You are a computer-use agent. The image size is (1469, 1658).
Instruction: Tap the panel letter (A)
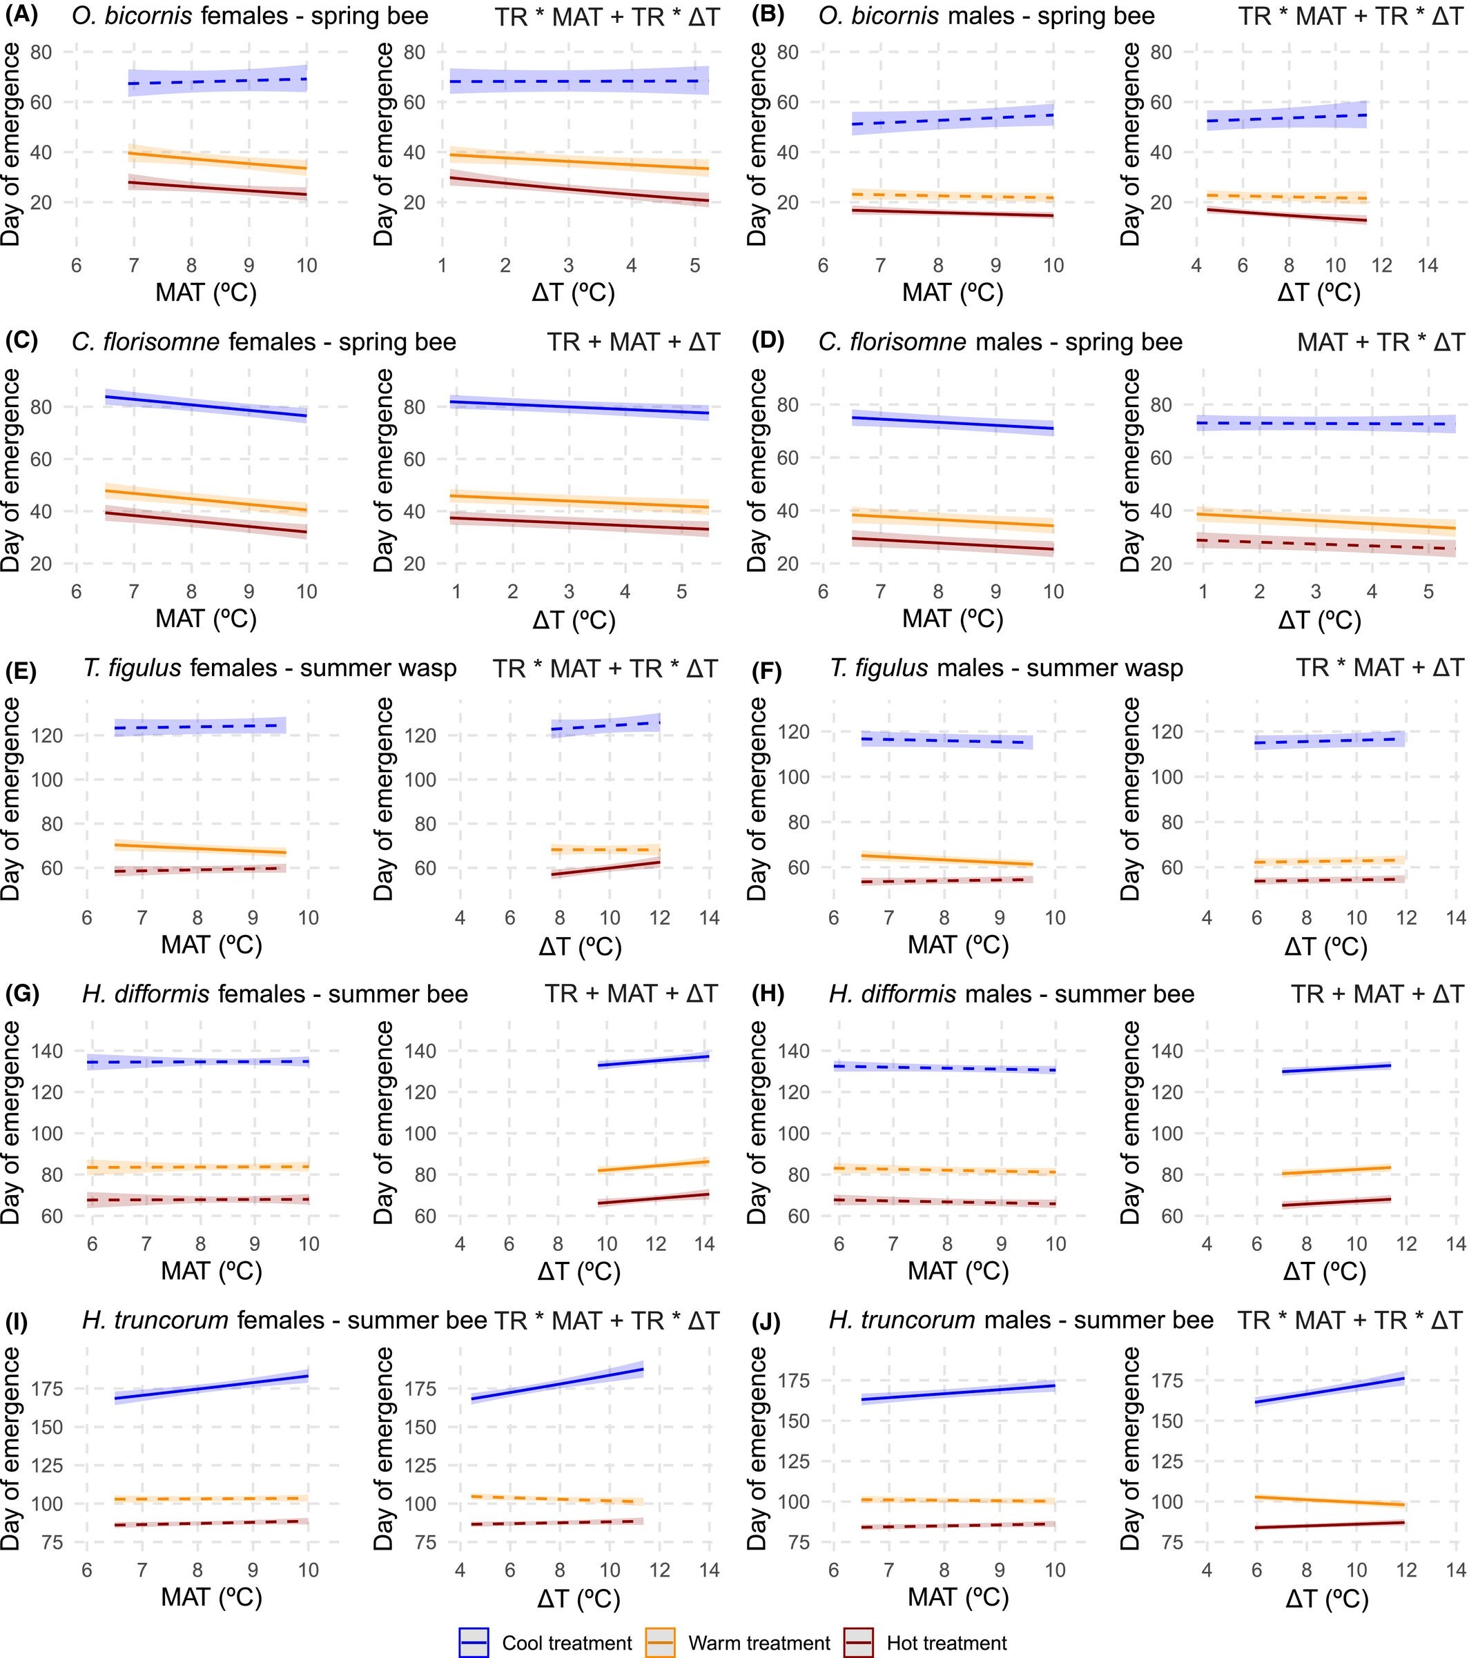point(22,14)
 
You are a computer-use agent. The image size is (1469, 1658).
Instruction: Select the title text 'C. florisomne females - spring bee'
point(264,342)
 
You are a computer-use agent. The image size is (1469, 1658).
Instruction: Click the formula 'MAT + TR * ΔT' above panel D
point(1380,342)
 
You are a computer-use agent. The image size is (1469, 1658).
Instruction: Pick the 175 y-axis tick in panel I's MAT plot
point(46,1390)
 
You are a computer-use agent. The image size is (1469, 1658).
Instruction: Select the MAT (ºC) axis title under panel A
point(206,292)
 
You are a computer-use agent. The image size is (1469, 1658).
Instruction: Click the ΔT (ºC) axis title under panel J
point(1327,1599)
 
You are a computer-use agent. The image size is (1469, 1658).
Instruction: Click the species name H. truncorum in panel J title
point(901,1321)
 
